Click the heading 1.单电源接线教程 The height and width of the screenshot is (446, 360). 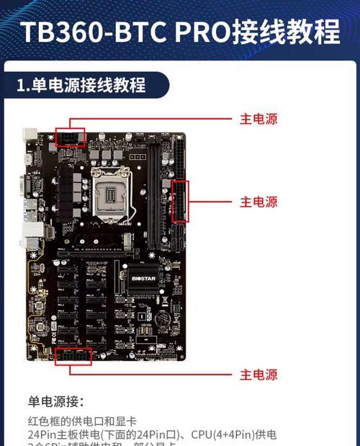point(81,85)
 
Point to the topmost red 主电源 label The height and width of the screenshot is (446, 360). point(258,119)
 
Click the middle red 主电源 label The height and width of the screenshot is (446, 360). point(258,202)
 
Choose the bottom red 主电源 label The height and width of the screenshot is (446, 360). point(258,375)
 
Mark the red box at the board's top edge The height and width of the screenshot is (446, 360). point(70,137)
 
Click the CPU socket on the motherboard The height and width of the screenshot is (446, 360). point(112,192)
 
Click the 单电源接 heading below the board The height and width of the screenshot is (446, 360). point(56,401)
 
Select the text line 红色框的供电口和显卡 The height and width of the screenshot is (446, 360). point(82,422)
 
